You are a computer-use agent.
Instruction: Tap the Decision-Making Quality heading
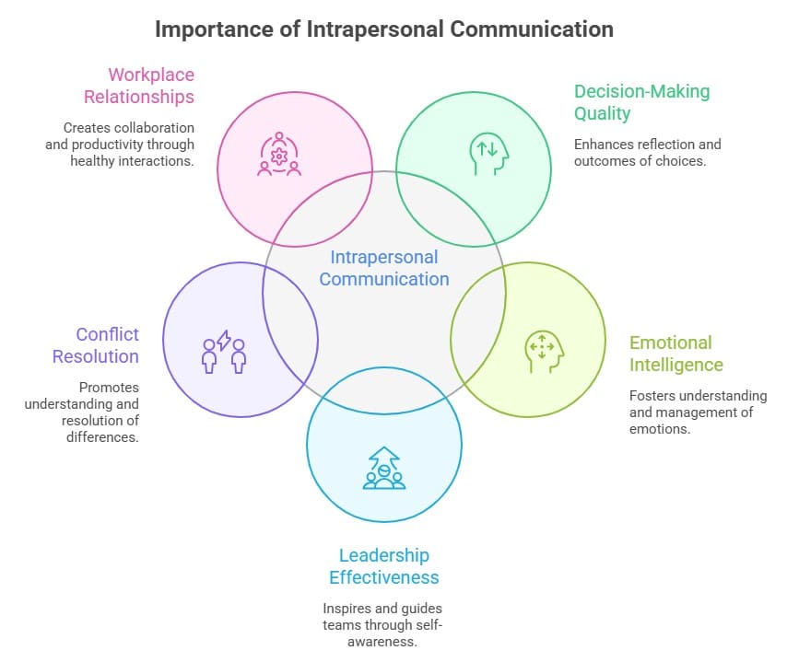tap(642, 102)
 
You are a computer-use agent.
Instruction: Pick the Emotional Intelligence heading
tap(675, 354)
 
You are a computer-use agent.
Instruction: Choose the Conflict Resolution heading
tap(95, 345)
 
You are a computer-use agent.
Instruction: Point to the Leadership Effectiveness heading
tap(383, 566)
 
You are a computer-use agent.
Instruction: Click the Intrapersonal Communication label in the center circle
tap(384, 268)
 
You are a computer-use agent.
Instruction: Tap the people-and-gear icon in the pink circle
tap(278, 155)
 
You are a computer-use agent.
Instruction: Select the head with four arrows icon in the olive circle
tap(543, 349)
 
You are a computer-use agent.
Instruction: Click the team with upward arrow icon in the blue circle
tap(383, 468)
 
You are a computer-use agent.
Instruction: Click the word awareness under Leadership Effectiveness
tap(383, 642)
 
